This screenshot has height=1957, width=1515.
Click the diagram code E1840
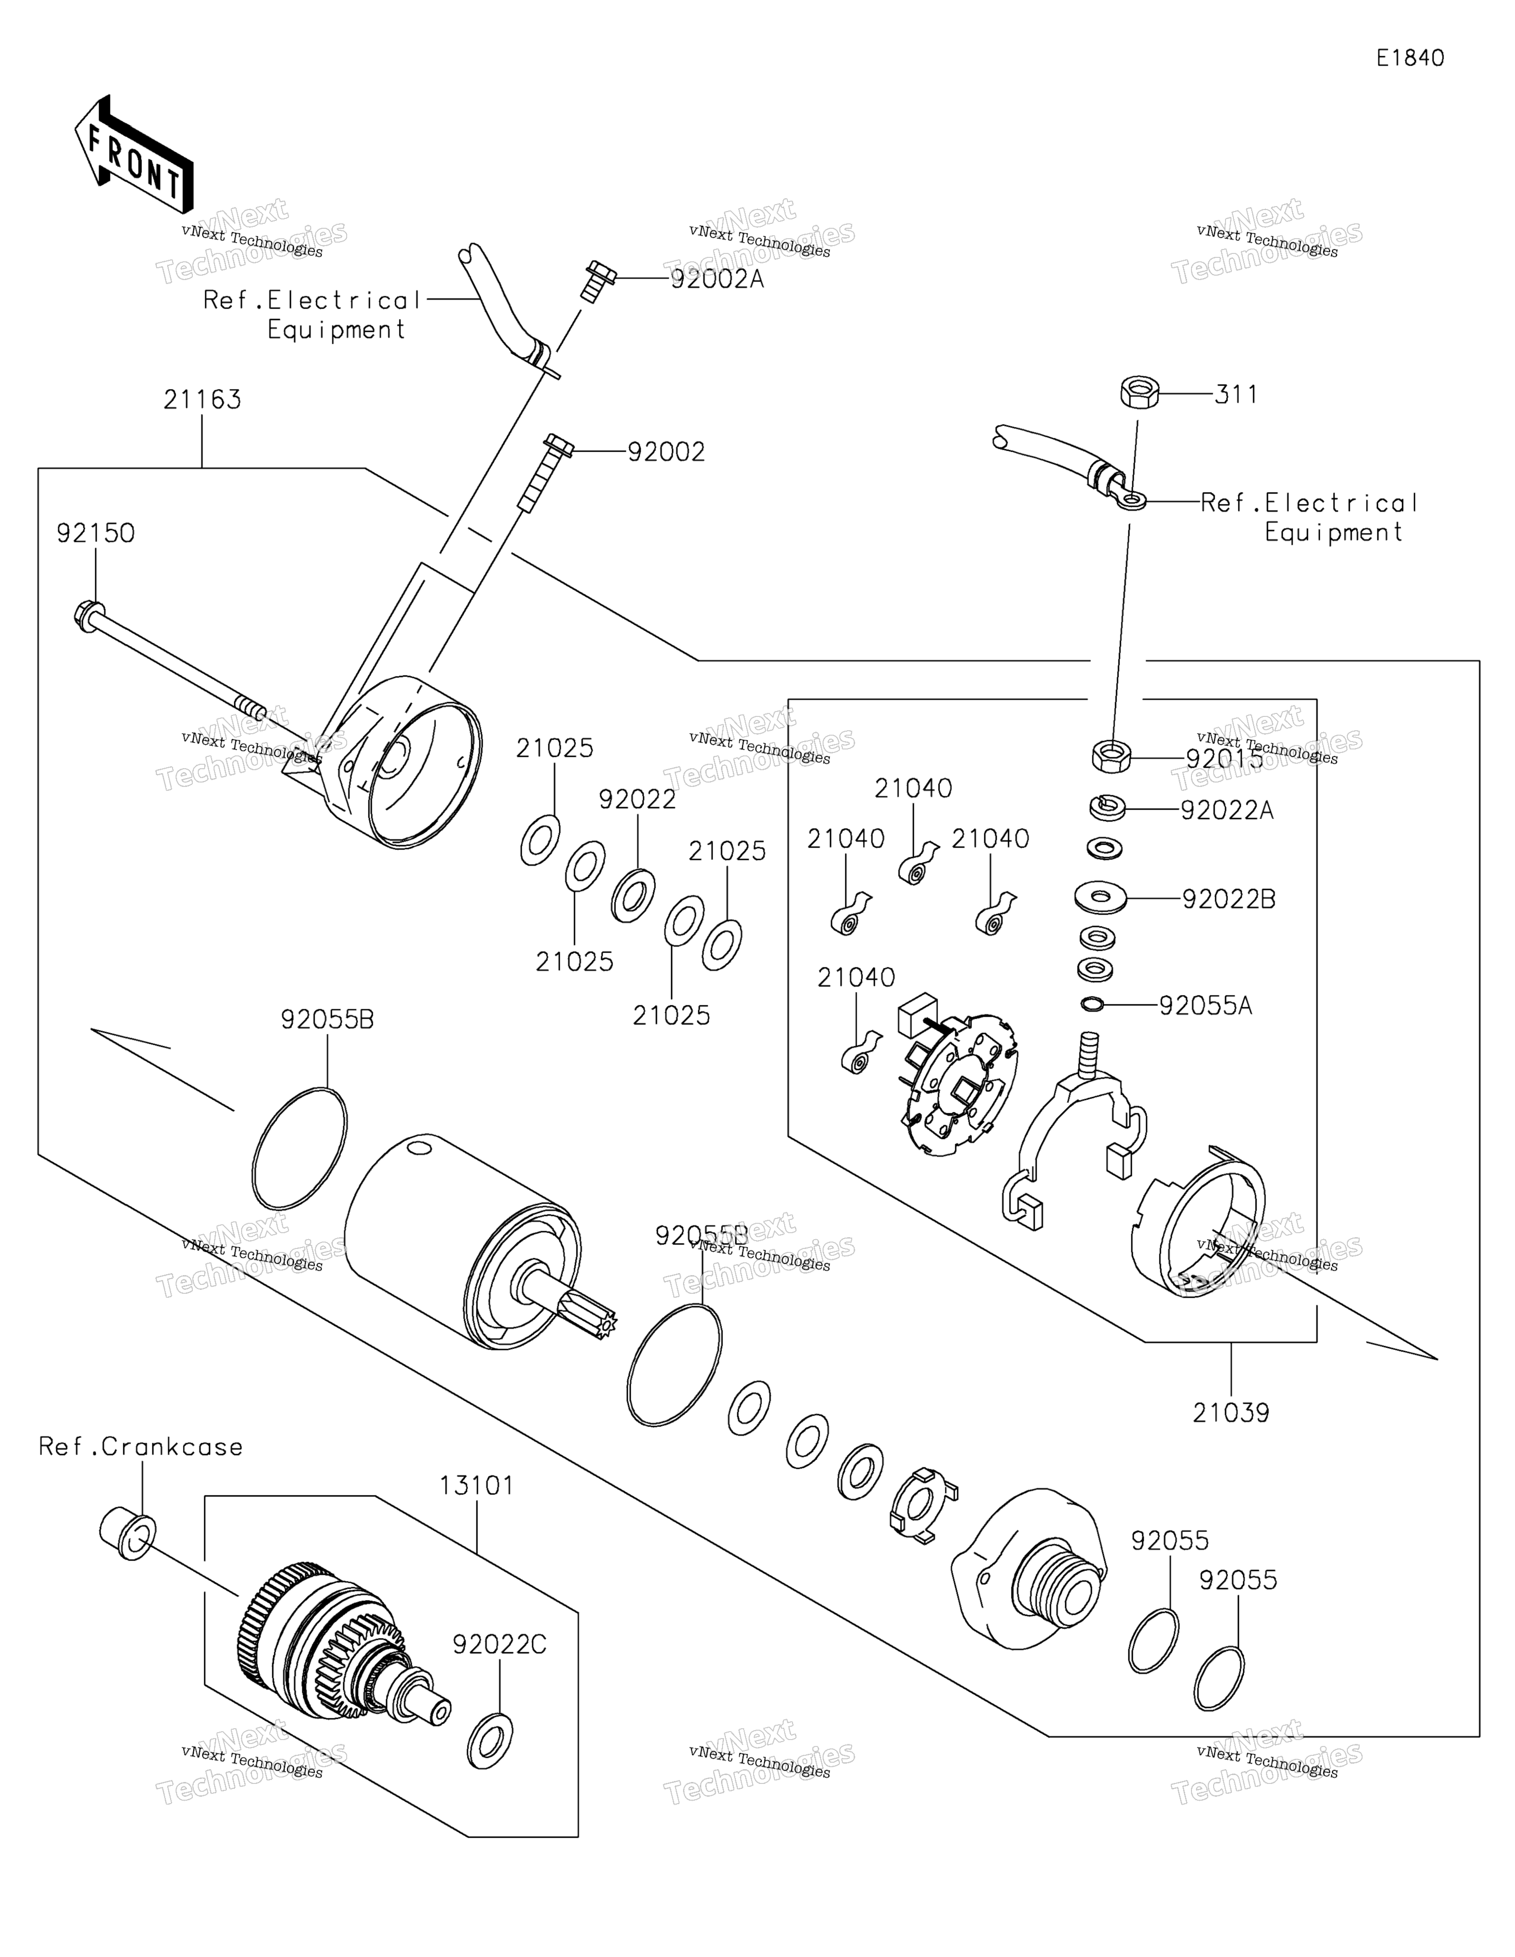click(x=1410, y=58)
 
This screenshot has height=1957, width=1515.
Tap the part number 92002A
click(x=717, y=280)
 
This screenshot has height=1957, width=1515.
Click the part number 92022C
click(x=499, y=1645)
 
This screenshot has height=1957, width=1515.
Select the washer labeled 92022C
click(x=490, y=1741)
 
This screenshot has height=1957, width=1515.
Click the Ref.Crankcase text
click(x=141, y=1447)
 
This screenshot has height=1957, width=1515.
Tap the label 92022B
click(x=1228, y=899)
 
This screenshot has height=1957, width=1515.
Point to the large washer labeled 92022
click(x=633, y=894)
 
